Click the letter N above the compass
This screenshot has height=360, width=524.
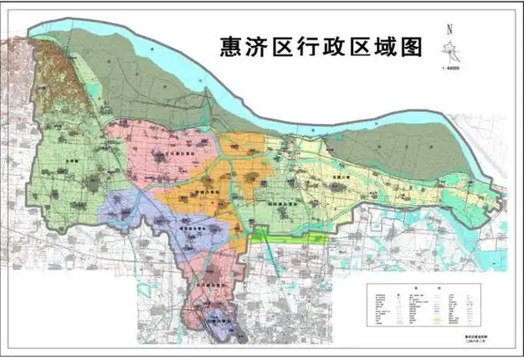coord(450,28)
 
